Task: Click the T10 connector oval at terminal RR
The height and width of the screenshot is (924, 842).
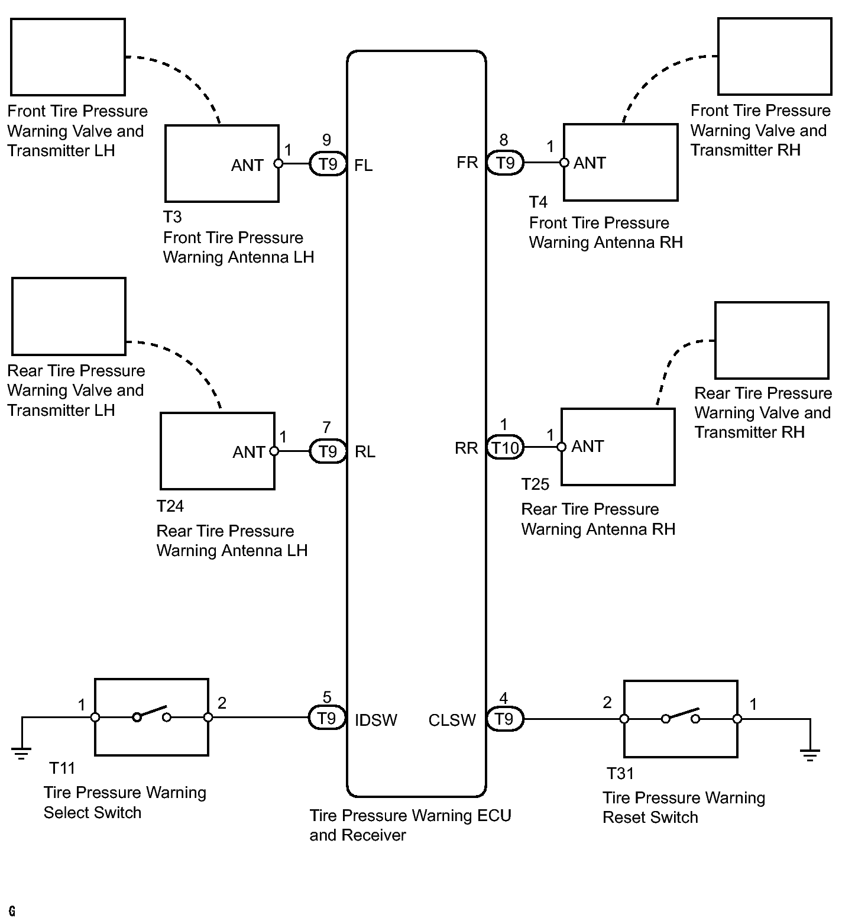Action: tap(505, 448)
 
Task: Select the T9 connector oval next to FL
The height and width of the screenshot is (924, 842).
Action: tap(328, 164)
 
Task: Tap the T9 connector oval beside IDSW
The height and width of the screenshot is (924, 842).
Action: tap(326, 718)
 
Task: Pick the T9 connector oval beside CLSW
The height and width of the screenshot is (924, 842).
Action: tap(504, 719)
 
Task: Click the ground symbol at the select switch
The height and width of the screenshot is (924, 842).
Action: tap(21, 753)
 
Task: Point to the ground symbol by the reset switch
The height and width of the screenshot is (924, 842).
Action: tap(809, 755)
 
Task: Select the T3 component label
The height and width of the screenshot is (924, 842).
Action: tap(173, 217)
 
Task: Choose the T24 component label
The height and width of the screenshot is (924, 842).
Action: tap(170, 506)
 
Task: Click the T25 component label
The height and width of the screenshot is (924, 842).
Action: tap(535, 484)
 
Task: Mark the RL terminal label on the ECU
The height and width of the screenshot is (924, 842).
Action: tap(365, 452)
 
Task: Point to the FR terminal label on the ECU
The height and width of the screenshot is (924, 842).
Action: tap(467, 163)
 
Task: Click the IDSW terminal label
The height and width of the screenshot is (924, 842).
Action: tap(376, 720)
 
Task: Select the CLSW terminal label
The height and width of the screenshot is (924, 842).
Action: tap(452, 720)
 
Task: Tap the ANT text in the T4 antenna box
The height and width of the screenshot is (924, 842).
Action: tap(590, 163)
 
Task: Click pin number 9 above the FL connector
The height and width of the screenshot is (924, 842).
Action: tap(326, 140)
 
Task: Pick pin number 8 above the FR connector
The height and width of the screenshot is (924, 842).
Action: tap(504, 140)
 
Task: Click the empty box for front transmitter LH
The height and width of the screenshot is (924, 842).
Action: tap(68, 57)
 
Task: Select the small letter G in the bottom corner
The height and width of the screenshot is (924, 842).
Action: tap(12, 912)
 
